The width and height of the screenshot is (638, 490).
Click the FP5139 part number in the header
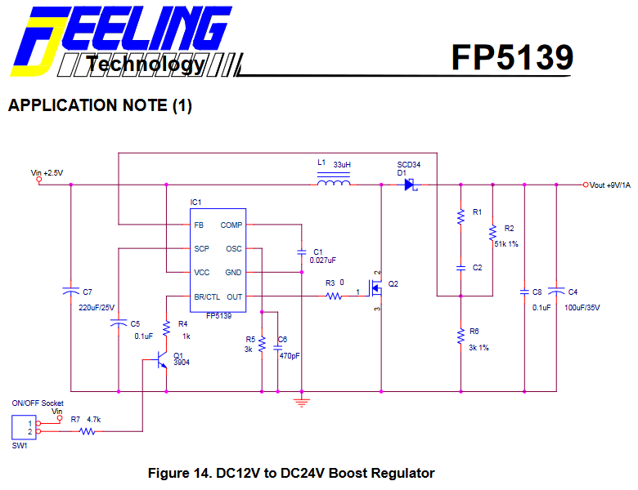[512, 57]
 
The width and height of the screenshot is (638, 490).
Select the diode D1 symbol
[410, 185]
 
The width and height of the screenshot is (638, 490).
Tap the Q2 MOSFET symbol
[376, 289]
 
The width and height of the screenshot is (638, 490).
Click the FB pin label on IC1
[199, 224]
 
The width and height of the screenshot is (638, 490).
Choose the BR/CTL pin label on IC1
[206, 296]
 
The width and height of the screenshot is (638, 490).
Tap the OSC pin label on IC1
[234, 248]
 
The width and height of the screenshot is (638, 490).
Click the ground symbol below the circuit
[302, 401]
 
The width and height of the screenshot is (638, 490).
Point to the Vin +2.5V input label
[47, 172]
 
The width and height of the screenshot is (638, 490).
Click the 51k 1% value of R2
[505, 243]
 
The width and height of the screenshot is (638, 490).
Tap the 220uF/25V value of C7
[97, 308]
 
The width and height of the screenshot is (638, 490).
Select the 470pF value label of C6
[289, 356]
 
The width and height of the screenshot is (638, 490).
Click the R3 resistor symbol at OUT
[334, 296]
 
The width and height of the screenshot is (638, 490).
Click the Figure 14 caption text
[290, 473]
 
